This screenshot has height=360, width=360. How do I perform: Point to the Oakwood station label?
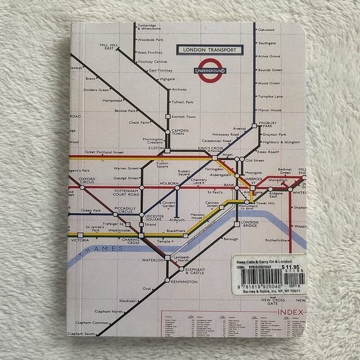pyautogui.click(x=266, y=30)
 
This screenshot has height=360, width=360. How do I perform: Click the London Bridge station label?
pyautogui.click(x=251, y=225)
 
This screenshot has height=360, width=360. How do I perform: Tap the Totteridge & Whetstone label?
pyautogui.click(x=153, y=27)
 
